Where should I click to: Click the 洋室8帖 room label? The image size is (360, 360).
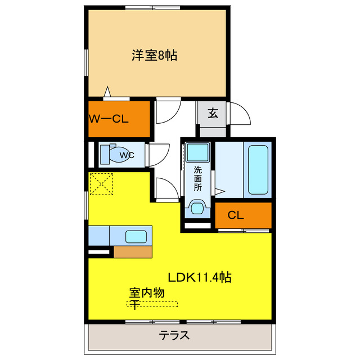point(155,55)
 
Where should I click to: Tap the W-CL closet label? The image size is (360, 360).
point(110,119)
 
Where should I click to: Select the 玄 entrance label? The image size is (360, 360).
point(213,113)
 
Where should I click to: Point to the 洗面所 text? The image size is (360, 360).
point(197,178)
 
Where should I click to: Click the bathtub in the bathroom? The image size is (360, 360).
point(258,169)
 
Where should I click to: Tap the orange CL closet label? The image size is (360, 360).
point(235,215)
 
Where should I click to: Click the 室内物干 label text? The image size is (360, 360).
point(147,297)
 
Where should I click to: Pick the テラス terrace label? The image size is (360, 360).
point(173,336)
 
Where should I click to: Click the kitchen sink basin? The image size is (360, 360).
point(136,236)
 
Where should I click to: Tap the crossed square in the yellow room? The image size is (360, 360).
point(101,183)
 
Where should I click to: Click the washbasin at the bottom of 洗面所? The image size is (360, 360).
point(197,209)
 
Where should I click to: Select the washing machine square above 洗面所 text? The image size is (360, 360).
point(197,152)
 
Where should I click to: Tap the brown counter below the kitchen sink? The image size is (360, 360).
point(133,251)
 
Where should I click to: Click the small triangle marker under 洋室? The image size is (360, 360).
point(108,92)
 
